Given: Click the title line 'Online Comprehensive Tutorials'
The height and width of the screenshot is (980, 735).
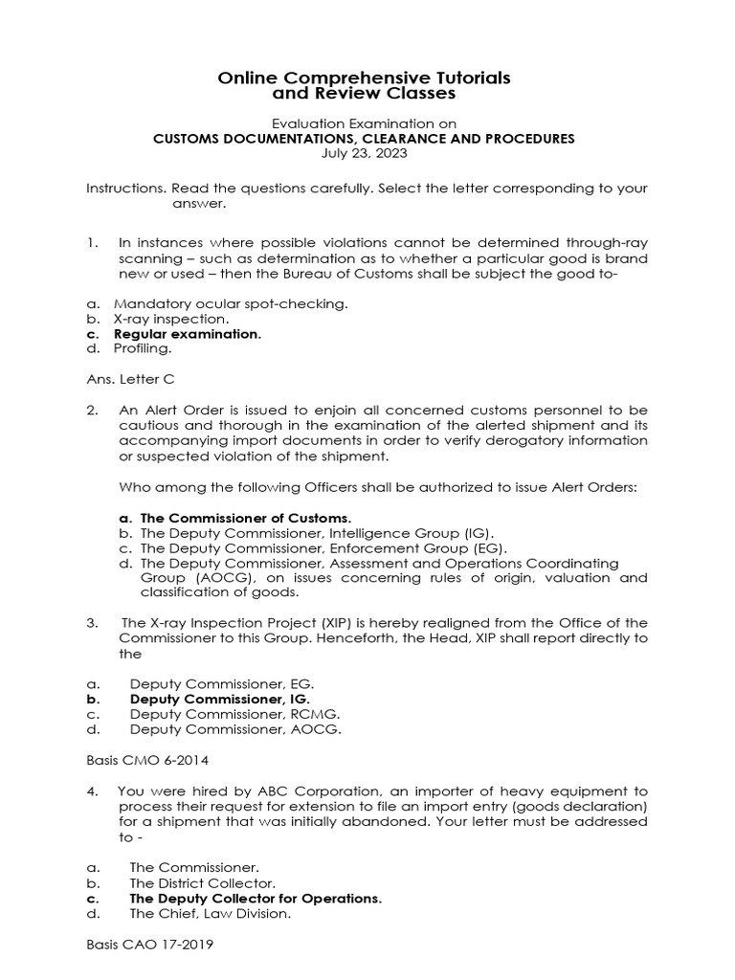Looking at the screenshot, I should pos(364,77).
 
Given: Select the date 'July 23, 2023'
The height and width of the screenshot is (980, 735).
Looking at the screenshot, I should pos(365,152).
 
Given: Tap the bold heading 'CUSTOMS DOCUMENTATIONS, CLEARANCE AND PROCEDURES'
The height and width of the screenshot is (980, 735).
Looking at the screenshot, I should pos(365,138).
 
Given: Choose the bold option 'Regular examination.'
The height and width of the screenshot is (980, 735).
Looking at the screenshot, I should pos(188,334).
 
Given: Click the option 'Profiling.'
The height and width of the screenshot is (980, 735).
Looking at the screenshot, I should pos(144,349).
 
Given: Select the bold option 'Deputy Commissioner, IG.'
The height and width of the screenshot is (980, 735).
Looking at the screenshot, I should pos(220,700).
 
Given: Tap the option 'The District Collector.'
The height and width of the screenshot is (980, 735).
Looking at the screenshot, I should pos(203,882).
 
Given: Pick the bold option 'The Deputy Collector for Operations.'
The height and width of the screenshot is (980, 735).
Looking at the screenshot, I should pos(256,899).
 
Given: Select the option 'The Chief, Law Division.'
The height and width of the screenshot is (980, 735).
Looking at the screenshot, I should pos(210,914).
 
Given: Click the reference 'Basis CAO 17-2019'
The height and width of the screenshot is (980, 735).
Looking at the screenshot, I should pos(149,945).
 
